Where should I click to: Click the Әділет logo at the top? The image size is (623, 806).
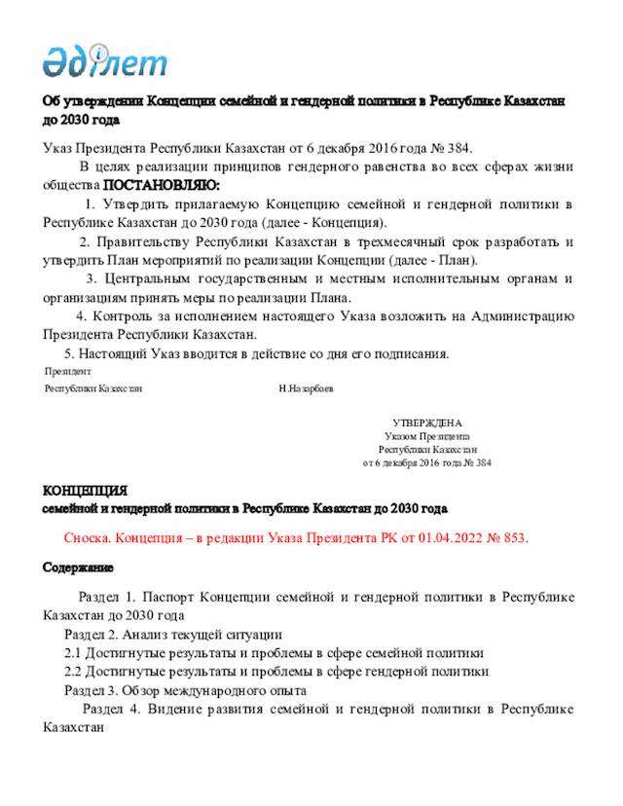(104, 61)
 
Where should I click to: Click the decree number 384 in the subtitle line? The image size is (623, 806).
(458, 148)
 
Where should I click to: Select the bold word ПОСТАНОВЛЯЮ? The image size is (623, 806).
(162, 185)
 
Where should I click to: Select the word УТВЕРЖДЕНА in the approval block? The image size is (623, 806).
(427, 423)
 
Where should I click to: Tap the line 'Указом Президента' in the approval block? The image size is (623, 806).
(427, 437)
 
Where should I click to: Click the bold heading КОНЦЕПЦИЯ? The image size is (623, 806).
(85, 490)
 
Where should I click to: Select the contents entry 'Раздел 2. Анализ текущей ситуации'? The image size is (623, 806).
(173, 635)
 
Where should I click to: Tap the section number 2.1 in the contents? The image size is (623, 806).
(73, 653)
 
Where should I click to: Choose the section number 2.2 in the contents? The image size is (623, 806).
(73, 672)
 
